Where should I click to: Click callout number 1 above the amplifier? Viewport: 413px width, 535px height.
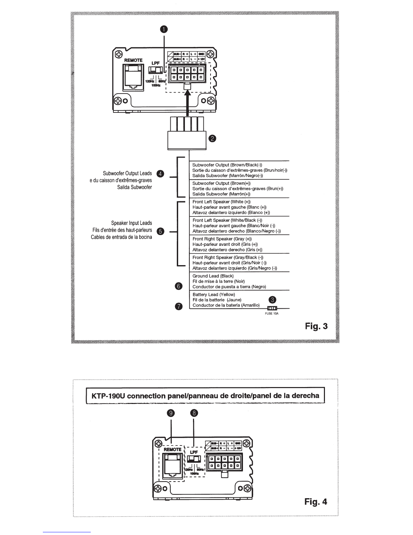pyautogui.click(x=164, y=29)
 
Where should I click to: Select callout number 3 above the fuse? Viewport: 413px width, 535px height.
pyautogui.click(x=273, y=300)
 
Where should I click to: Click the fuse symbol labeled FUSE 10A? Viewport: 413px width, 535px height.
pyautogui.click(x=272, y=308)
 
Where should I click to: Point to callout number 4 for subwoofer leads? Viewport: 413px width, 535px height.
pyautogui.click(x=160, y=174)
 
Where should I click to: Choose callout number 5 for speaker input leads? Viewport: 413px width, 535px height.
pyautogui.click(x=160, y=231)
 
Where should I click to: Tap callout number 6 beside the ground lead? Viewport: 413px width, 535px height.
pyautogui.click(x=178, y=286)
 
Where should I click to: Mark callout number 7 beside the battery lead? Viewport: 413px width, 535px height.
pyautogui.click(x=178, y=306)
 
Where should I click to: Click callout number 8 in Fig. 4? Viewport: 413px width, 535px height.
pyautogui.click(x=194, y=413)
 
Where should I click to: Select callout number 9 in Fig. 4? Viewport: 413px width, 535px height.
pyautogui.click(x=171, y=413)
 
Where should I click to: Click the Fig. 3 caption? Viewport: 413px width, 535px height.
pyautogui.click(x=316, y=326)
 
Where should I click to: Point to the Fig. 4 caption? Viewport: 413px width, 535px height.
pyautogui.click(x=316, y=502)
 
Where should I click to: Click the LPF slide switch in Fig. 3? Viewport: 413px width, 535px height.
pyautogui.click(x=156, y=70)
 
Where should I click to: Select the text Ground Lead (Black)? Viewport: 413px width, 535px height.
pyautogui.click(x=213, y=276)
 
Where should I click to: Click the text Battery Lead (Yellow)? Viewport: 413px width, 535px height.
pyautogui.click(x=214, y=295)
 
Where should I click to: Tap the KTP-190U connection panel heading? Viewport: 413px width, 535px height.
pyautogui.click(x=205, y=396)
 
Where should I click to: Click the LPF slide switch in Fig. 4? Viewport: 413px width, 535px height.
pyautogui.click(x=194, y=459)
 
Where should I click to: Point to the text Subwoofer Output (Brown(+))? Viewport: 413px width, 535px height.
pyautogui.click(x=221, y=183)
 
